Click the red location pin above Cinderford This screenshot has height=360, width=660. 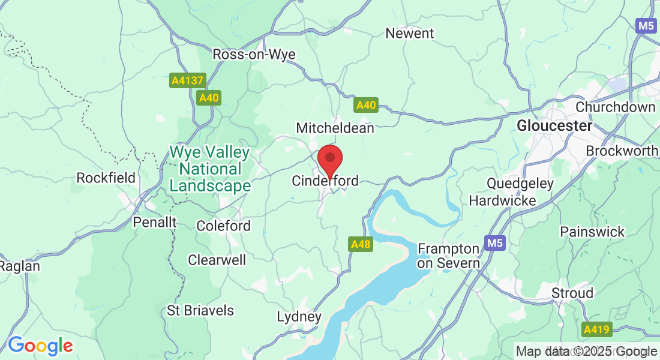(329, 160)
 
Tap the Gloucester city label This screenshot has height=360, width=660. (554, 126)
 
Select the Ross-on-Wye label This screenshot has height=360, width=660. (254, 55)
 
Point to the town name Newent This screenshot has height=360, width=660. (410, 34)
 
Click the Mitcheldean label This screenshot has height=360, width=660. (335, 128)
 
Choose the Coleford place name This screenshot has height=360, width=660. (224, 226)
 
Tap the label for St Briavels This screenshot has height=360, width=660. (200, 311)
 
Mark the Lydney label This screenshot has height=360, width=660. (299, 316)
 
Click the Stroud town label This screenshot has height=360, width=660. (572, 293)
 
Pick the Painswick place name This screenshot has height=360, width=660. (592, 232)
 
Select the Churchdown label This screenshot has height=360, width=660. (616, 107)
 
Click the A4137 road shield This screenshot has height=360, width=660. (188, 80)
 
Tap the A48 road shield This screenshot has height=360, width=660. (361, 244)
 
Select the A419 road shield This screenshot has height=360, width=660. (596, 329)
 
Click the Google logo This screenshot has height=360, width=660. (40, 346)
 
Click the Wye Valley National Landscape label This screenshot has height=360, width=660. (210, 169)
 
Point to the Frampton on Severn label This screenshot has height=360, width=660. (449, 256)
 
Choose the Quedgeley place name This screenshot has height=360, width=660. (520, 183)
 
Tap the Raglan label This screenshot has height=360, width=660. (20, 266)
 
